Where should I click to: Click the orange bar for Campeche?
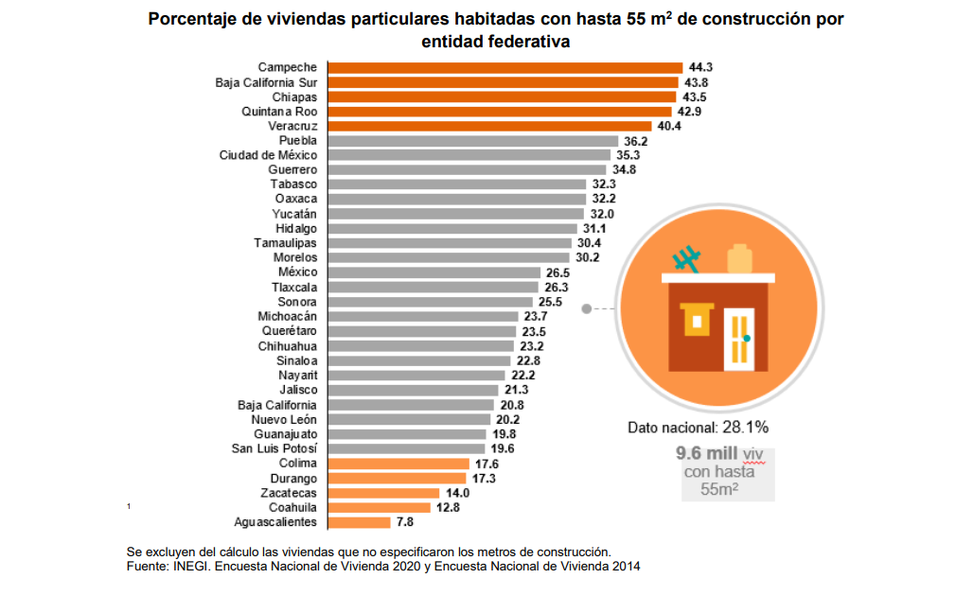(x=505, y=67)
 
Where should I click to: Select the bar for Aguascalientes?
(x=359, y=522)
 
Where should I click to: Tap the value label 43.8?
(x=697, y=82)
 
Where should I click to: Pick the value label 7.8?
(x=405, y=522)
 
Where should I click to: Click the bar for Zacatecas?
(x=383, y=493)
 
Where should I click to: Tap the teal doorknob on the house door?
(x=747, y=338)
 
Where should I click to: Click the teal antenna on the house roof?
(x=686, y=259)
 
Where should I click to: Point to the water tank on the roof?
(x=739, y=258)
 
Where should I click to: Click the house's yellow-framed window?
(x=699, y=321)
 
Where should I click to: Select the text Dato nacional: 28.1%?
(x=699, y=428)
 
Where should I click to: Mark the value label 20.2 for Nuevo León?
(x=507, y=420)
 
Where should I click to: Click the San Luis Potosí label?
(x=274, y=448)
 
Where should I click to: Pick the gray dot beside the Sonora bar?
(x=587, y=308)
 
